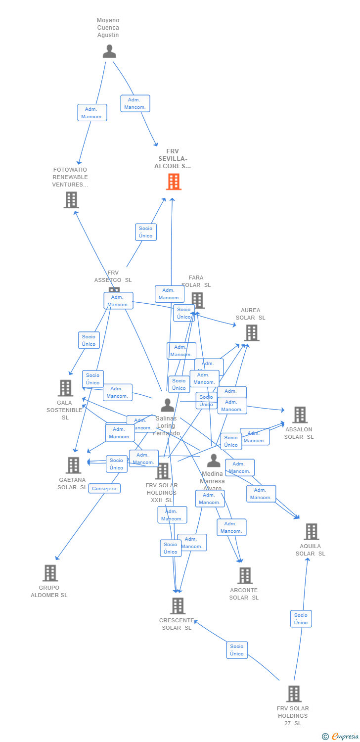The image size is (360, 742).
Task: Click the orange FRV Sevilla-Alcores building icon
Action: (174, 182)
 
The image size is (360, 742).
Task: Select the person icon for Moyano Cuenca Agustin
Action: (109, 51)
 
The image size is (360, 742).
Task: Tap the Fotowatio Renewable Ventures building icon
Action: (71, 200)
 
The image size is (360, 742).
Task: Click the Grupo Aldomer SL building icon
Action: (50, 573)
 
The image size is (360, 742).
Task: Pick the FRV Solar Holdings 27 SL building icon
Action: (294, 694)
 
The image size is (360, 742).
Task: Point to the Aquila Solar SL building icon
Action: (311, 532)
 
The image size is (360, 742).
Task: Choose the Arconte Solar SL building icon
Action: (245, 575)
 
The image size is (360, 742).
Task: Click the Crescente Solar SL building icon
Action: (178, 605)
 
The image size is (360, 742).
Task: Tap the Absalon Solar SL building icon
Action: (300, 415)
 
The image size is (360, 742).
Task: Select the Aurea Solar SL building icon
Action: (252, 332)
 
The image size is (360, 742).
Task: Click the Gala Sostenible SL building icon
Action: (65, 388)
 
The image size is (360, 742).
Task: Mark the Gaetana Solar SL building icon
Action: (73, 465)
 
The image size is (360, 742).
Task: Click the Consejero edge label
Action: (104, 489)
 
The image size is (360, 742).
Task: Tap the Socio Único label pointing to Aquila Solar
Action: (301, 619)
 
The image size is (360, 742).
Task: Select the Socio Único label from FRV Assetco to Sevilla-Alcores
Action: (146, 232)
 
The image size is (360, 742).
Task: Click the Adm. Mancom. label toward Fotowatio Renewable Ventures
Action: (92, 113)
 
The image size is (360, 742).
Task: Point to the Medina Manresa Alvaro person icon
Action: (214, 461)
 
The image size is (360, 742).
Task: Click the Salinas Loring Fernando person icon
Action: (168, 405)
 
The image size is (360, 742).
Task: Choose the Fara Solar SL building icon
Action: (197, 300)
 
